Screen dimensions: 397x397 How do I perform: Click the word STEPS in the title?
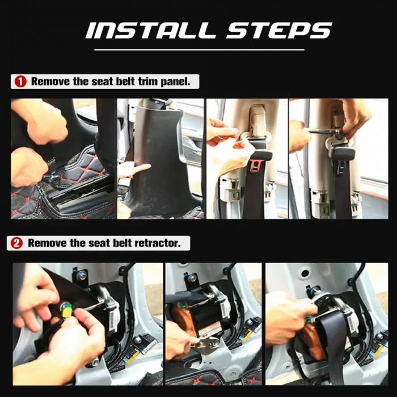(x=279, y=31)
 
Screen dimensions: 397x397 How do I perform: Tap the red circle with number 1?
(x=20, y=82)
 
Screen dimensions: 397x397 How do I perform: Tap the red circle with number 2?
(x=16, y=243)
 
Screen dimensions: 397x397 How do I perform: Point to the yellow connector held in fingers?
(x=67, y=310)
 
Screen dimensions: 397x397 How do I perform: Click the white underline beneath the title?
(x=199, y=50)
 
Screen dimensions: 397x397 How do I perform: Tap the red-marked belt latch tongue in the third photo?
(x=255, y=166)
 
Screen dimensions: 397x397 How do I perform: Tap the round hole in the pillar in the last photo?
(x=305, y=273)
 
